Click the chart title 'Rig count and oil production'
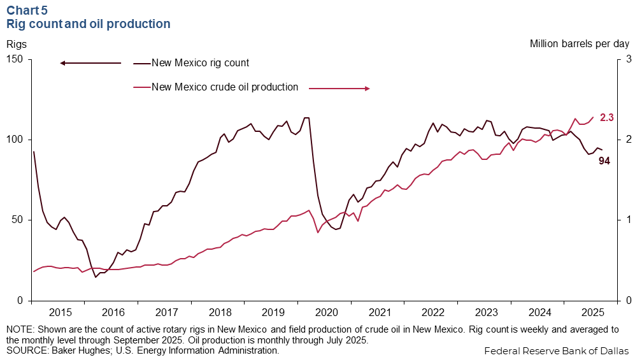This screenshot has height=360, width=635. [88, 24]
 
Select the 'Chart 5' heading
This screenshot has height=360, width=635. [27, 10]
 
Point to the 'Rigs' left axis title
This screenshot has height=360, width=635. [17, 44]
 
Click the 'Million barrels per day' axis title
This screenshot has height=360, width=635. [579, 44]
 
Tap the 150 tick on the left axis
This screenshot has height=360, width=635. [15, 59]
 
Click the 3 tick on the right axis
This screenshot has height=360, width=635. [626, 59]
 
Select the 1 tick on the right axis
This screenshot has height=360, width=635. [626, 220]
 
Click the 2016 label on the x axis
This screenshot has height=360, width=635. [113, 312]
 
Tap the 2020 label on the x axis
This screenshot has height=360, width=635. [326, 312]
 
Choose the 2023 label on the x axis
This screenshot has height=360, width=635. [487, 312]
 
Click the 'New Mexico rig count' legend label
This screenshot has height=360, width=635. [200, 62]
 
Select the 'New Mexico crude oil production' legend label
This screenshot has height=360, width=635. [225, 87]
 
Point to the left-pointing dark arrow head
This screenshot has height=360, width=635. [63, 63]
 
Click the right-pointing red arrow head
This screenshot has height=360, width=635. [367, 89]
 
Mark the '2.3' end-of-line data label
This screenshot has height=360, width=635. [606, 117]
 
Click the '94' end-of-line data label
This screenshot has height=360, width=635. [604, 161]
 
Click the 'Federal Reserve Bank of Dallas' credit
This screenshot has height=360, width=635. [557, 350]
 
